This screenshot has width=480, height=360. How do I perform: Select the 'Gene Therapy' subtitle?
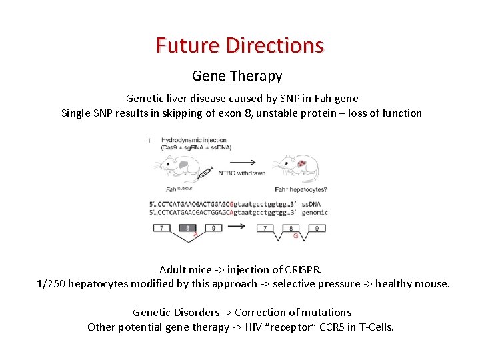point(237,76)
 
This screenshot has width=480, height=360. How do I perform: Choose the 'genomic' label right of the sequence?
point(315,212)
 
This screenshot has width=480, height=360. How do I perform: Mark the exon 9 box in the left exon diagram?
point(213,228)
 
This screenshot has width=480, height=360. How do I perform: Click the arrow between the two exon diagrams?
point(238,227)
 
